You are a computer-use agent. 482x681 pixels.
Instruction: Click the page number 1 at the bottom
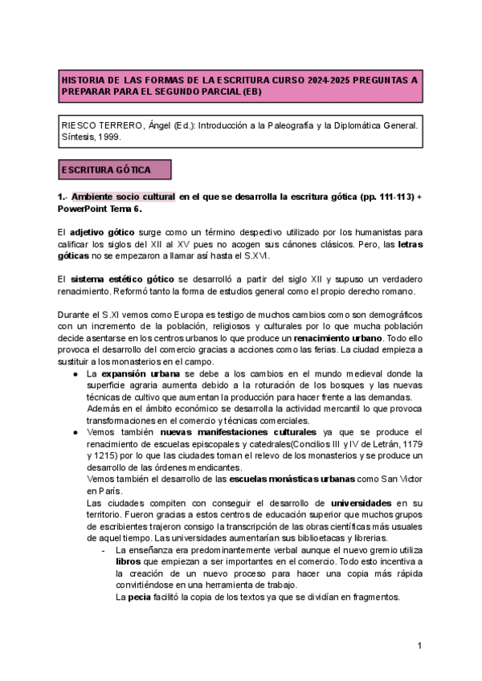[419, 646]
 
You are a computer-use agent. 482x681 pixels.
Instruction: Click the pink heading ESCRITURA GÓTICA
[113, 170]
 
